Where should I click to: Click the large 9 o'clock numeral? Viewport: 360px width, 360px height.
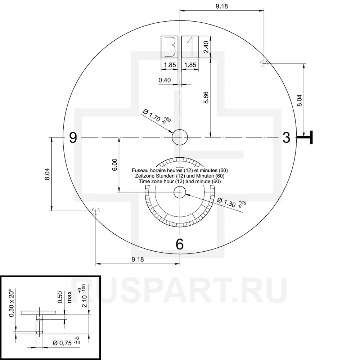point(73,138)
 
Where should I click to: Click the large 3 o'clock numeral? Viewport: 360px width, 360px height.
point(286,138)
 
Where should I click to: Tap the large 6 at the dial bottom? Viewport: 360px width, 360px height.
point(180,244)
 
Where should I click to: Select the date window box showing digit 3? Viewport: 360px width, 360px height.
point(170,46)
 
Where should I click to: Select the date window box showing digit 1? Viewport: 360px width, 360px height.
point(190,46)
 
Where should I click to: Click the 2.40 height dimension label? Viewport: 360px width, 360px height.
point(206,46)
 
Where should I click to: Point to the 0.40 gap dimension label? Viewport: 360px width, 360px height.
point(165,80)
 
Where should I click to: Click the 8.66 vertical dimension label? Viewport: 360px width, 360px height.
point(206,97)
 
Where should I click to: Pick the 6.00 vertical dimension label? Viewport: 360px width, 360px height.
point(115,165)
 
